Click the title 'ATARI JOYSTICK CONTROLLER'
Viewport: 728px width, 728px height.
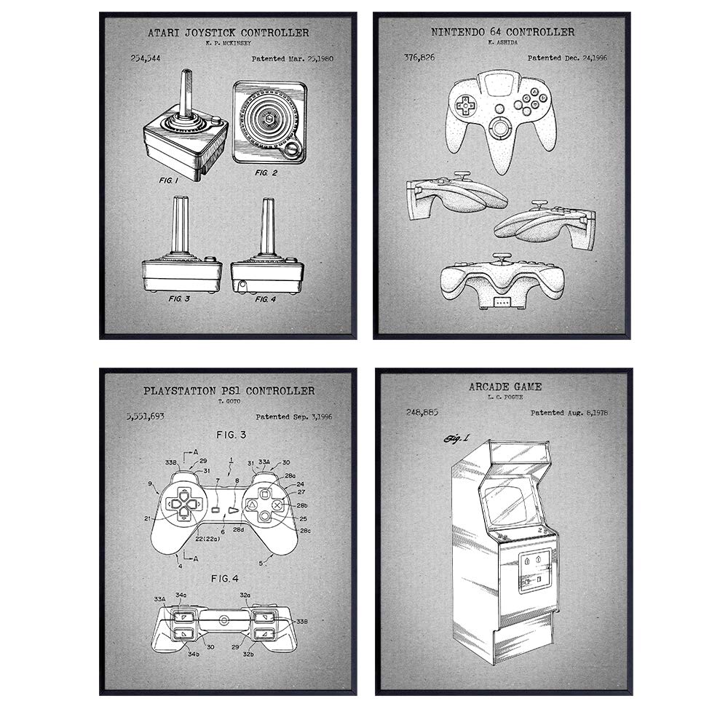[228, 33]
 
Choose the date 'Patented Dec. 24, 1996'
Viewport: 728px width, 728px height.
[567, 58]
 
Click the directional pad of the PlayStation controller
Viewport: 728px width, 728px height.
[183, 503]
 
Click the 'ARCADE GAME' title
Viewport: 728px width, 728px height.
[505, 387]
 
